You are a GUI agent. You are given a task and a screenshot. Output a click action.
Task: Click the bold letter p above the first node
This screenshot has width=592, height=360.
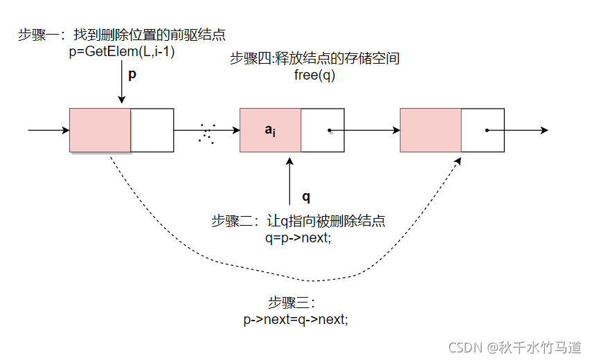(132, 74)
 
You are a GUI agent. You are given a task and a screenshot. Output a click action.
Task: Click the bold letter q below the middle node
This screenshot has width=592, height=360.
(306, 197)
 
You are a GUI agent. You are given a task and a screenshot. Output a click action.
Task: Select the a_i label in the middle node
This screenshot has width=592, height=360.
(270, 129)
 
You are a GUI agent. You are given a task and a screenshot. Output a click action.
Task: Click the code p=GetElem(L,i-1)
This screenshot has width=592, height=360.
(122, 51)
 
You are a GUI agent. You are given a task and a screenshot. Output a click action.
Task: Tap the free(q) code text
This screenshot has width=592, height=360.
(314, 75)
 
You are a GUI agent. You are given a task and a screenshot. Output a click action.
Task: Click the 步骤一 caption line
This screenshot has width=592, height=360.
(122, 35)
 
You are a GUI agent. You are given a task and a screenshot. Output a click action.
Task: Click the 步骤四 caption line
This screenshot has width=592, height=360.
(314, 59)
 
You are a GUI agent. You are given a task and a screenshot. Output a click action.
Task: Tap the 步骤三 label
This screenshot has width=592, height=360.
(291, 303)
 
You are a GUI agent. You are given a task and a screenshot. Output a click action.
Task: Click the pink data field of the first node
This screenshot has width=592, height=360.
(100, 129)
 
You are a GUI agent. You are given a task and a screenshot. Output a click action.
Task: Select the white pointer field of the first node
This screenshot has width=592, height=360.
(152, 129)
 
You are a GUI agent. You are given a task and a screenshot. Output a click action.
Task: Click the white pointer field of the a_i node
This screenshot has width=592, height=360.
(322, 129)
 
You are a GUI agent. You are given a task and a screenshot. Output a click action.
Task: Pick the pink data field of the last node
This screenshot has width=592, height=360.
(431, 129)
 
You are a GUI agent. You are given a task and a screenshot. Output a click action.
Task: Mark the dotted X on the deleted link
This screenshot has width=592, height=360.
(206, 133)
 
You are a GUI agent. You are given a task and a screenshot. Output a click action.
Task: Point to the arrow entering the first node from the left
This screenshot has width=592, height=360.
(48, 129)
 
